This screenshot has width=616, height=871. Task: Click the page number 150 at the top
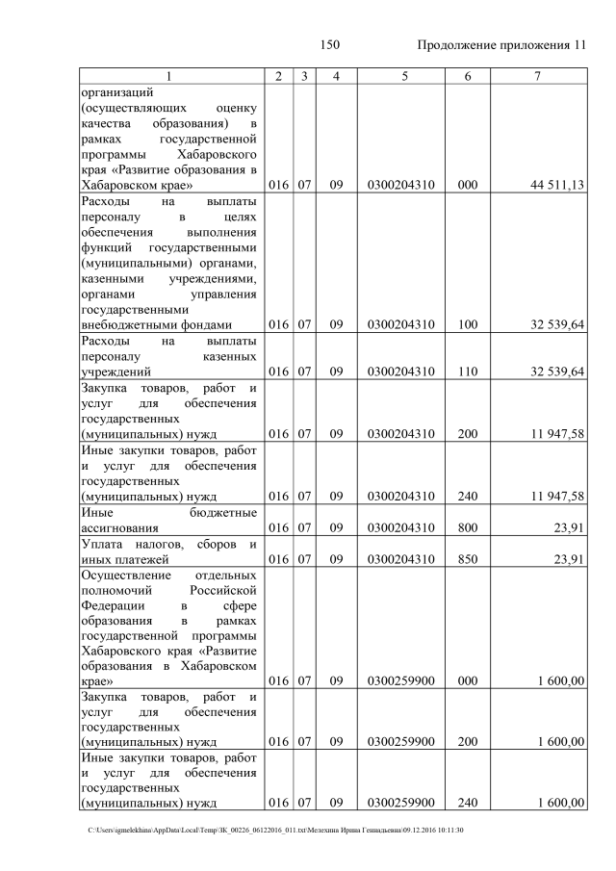[x=330, y=45]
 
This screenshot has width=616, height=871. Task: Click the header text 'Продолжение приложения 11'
[x=500, y=45]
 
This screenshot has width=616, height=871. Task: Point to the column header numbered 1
[x=169, y=76]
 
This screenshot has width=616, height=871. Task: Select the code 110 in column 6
[x=468, y=371]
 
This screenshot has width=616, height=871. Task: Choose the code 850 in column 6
[x=468, y=558]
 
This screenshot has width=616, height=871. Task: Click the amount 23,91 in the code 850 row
[x=568, y=558]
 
